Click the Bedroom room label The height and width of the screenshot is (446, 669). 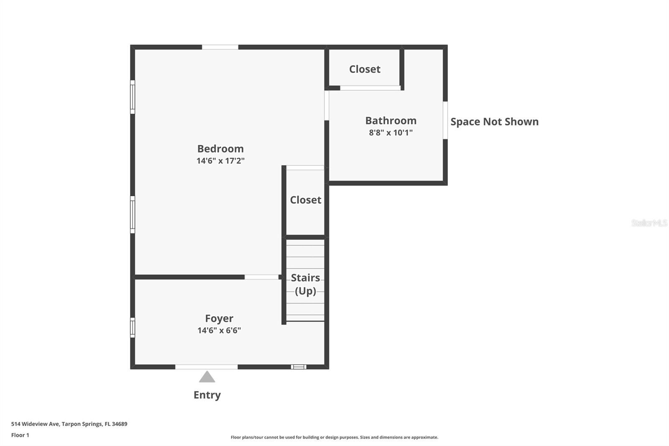click(x=220, y=149)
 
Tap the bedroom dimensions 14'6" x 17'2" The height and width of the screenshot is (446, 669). click(x=220, y=161)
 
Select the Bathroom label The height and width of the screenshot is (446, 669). click(x=391, y=121)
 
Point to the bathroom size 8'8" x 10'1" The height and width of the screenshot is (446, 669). click(x=391, y=133)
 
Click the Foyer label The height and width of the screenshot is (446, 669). click(x=219, y=319)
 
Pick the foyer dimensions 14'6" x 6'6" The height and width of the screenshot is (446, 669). click(x=219, y=331)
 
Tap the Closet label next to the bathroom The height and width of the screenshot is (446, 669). click(x=365, y=69)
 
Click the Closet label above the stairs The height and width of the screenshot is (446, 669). click(x=305, y=200)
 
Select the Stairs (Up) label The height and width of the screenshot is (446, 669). click(x=305, y=285)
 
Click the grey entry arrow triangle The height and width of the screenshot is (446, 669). click(x=207, y=377)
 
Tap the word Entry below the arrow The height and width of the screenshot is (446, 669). click(x=207, y=395)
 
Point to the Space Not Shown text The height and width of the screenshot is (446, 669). click(x=494, y=122)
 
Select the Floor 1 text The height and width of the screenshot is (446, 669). click(x=20, y=435)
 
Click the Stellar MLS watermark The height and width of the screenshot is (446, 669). click(x=649, y=223)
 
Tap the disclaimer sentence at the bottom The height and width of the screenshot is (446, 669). click(x=334, y=437)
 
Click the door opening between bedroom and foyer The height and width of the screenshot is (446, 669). click(x=261, y=277)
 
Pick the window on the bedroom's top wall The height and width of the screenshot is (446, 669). click(x=220, y=47)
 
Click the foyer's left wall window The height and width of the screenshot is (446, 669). click(x=133, y=328)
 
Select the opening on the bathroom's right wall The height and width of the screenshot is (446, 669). click(x=445, y=120)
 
